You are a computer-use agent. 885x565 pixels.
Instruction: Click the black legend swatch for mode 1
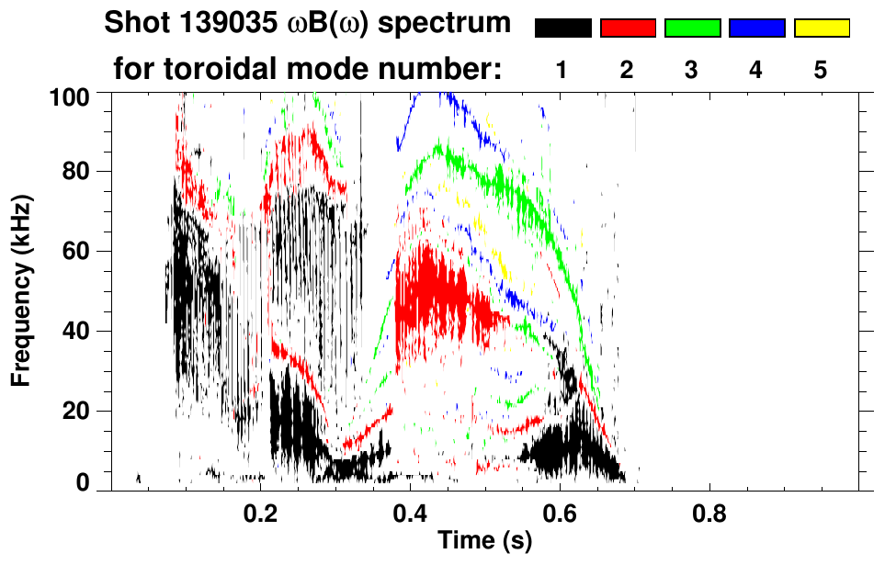(563, 28)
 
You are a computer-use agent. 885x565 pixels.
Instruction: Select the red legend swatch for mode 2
(628, 28)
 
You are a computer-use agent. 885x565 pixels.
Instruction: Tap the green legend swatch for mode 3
(692, 28)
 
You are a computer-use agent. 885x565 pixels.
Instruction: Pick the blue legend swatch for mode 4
(756, 28)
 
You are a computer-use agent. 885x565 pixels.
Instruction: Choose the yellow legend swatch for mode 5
(821, 28)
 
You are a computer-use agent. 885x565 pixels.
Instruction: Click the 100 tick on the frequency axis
(77, 96)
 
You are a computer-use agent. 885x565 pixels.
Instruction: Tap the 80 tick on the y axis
(83, 172)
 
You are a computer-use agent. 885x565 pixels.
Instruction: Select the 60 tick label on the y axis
(83, 251)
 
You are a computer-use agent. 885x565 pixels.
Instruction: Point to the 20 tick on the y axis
(83, 411)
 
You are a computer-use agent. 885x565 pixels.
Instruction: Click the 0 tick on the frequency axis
(89, 482)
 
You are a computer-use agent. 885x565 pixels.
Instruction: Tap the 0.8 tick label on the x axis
(709, 511)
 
